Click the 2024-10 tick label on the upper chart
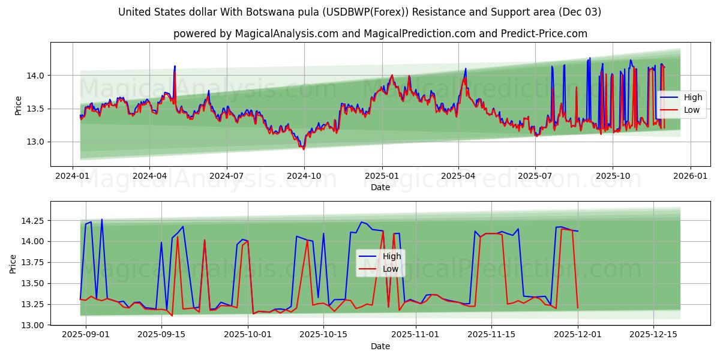(304, 175)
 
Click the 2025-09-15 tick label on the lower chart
(161, 334)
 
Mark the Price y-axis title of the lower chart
(13, 263)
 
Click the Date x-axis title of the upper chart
(380, 187)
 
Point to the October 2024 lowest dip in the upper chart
(302, 148)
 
